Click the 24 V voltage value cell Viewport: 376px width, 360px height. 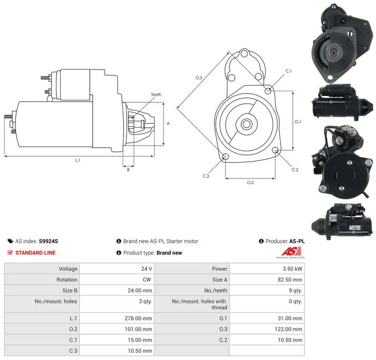click(147, 269)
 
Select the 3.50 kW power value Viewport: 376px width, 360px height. click(292, 269)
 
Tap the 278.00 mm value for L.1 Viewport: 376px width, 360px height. click(138, 318)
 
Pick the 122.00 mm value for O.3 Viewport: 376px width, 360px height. click(289, 329)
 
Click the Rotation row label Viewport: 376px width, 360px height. click(67, 280)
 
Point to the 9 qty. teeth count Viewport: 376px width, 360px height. click(296, 291)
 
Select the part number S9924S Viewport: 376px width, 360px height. click(48, 241)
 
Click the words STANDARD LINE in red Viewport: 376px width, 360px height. click(36, 253)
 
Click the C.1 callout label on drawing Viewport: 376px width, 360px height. click(289, 71)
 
